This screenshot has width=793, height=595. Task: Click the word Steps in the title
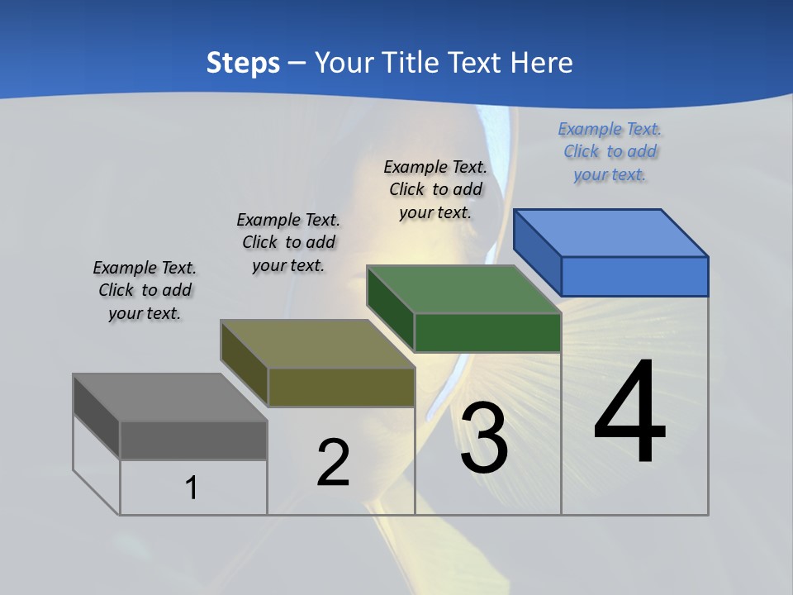243,63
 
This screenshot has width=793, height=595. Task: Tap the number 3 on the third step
484,438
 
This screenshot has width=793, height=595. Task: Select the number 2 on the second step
333,463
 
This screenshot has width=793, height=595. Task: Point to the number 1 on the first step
191,488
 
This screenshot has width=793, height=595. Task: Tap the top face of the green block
463,289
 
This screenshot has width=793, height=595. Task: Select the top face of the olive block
317,344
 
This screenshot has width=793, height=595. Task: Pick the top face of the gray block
170,397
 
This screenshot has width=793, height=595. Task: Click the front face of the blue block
634,276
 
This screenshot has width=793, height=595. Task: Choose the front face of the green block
487,332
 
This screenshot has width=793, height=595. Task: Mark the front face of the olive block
341,387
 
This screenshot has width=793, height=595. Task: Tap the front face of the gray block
193,440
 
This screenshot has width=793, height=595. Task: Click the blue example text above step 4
610,152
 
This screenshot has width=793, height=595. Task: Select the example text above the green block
435,189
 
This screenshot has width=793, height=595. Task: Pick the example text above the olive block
288,242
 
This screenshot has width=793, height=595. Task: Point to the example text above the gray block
145,290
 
